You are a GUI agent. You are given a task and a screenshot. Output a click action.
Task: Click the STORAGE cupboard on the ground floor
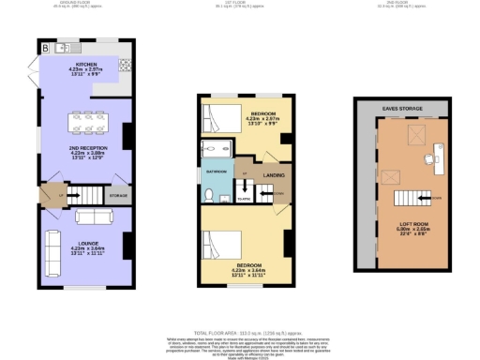118,196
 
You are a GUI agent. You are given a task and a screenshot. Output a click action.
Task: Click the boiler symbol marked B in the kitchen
44,47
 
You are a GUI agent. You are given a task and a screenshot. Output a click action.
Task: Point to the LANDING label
275,174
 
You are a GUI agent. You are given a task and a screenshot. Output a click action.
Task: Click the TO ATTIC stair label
245,198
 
